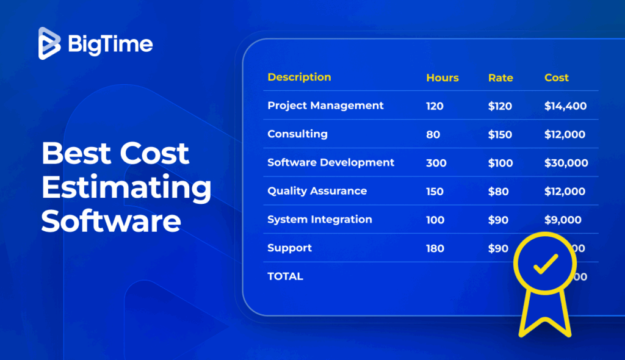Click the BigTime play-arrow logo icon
click(x=49, y=43)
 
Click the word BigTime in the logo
click(x=110, y=44)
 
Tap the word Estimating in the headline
click(x=126, y=187)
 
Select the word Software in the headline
click(x=111, y=221)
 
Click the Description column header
click(x=299, y=77)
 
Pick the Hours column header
click(x=442, y=78)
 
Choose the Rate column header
click(x=500, y=78)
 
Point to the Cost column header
click(x=556, y=78)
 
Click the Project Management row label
click(x=325, y=106)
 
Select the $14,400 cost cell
click(x=565, y=106)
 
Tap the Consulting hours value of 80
click(x=433, y=135)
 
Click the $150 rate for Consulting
click(x=500, y=135)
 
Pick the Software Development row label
click(x=331, y=163)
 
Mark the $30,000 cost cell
click(x=566, y=163)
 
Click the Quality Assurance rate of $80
click(x=498, y=192)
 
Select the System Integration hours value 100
click(x=435, y=220)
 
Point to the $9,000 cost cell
click(x=563, y=220)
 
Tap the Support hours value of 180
click(x=435, y=248)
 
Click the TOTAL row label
click(x=285, y=276)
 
